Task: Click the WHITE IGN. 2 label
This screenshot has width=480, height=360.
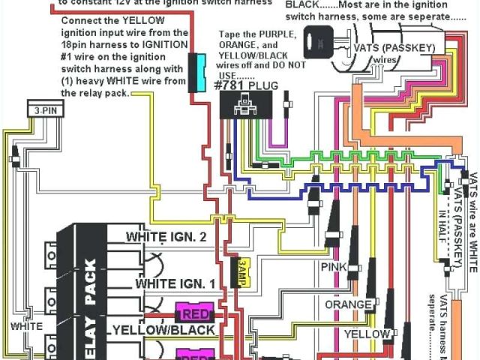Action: pos(166,237)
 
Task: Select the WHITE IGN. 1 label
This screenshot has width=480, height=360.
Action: pos(175,284)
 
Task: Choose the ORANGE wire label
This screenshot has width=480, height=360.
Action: pos(348,304)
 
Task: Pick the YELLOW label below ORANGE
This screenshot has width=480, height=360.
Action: pos(367,333)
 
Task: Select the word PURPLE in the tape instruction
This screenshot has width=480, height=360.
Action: pos(278,35)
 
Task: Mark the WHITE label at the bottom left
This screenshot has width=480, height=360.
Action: pos(26,327)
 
